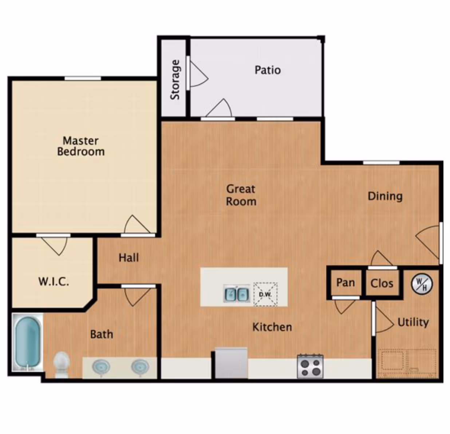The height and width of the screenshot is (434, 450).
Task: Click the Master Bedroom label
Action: coord(81,146)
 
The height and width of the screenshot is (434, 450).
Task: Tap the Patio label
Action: coord(268,70)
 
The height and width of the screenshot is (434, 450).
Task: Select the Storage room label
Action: coord(175,80)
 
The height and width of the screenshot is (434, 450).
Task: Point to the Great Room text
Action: coord(241,195)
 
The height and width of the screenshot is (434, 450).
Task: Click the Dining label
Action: coord(385,196)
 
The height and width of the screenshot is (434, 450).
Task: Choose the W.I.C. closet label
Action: coord(54,281)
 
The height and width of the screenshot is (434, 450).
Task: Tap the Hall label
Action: coord(129,258)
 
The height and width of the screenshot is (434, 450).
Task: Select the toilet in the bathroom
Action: coord(62,364)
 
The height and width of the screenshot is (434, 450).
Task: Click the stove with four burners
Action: coord(310,366)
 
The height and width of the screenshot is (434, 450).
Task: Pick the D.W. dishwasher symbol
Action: coord(265,294)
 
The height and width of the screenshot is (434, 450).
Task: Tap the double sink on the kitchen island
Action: coord(237,294)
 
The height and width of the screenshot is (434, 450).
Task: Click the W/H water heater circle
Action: coord(422,284)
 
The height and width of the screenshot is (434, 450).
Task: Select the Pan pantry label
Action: coord(346,283)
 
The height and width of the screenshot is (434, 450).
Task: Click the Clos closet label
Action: coord(382,283)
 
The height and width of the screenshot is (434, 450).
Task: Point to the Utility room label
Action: coord(413,322)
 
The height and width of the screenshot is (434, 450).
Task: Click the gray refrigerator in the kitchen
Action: coord(231,363)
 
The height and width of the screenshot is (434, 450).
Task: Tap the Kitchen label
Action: coord(272,327)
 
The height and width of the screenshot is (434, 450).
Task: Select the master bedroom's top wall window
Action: coord(83,78)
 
